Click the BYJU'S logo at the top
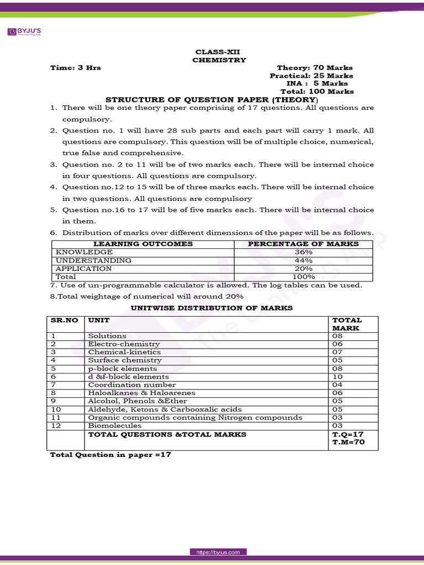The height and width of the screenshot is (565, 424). (25, 32)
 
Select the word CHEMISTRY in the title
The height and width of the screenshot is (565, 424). (219, 60)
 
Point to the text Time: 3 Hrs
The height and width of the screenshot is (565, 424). (75, 68)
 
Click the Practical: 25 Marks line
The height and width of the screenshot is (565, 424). (311, 76)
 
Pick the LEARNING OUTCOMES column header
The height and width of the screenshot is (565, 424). (143, 244)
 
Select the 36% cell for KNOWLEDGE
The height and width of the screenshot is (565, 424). (303, 252)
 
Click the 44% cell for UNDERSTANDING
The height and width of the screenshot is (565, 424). (303, 260)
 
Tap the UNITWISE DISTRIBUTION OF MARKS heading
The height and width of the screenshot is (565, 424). (211, 308)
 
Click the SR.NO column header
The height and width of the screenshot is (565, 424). (64, 320)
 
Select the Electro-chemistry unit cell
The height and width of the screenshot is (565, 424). (124, 344)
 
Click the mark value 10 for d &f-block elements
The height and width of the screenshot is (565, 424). (337, 377)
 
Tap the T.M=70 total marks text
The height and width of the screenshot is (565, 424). (348, 443)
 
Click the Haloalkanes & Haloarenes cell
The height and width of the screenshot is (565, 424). (142, 393)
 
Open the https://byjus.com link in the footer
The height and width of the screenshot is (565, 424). (219, 552)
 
